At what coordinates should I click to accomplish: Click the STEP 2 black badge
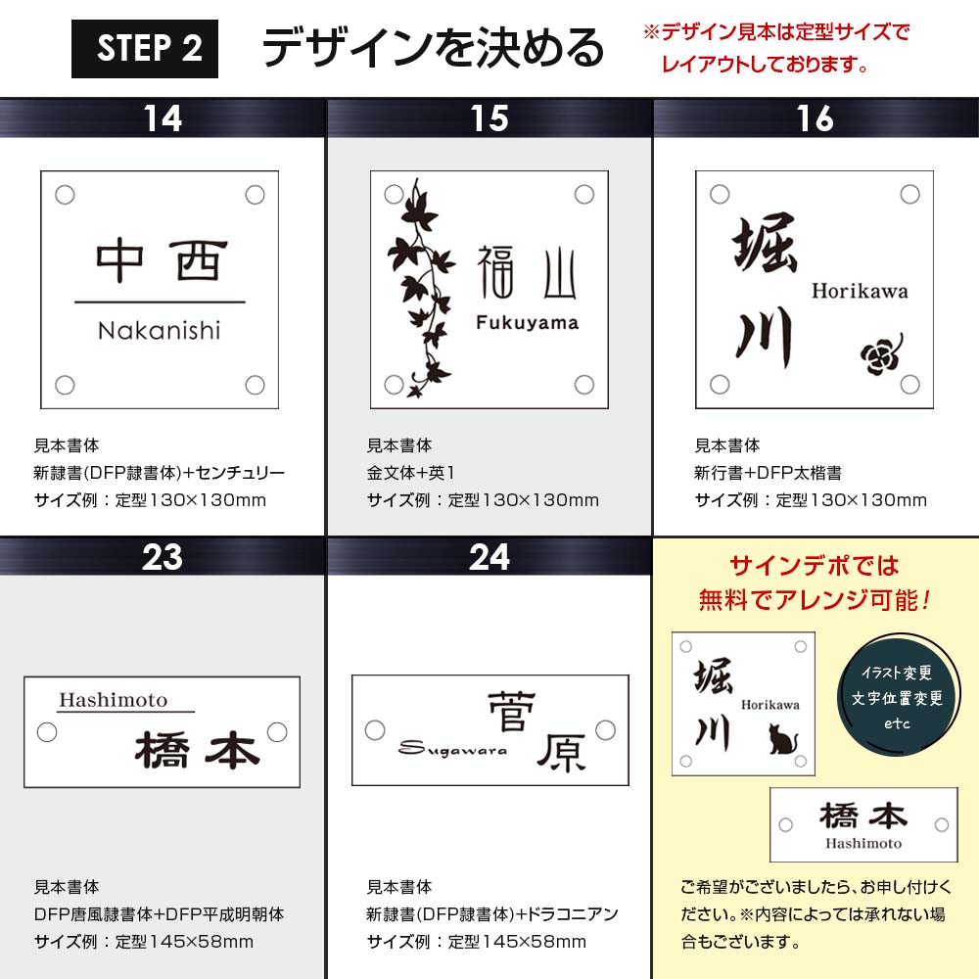coord(145,49)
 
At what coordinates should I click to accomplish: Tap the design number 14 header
coord(163,118)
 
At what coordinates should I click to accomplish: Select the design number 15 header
coord(489,118)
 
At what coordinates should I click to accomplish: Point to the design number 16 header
coord(816,118)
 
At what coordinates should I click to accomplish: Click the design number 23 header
coord(163,557)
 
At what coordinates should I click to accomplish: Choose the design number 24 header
coord(489,557)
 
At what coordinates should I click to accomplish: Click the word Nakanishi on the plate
coord(160,330)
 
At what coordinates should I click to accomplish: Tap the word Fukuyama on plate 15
coord(527,322)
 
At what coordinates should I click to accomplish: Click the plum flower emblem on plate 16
coord(882,354)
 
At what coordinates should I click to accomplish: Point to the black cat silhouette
coord(783,738)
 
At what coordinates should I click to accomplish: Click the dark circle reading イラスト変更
coord(897,697)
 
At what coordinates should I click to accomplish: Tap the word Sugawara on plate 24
coord(452,748)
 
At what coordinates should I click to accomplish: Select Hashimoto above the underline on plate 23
coord(113,700)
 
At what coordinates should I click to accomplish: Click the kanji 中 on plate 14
coord(119,260)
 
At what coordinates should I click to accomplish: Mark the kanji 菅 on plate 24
coord(511,711)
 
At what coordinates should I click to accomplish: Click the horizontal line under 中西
coord(160,303)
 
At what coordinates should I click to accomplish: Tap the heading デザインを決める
coord(433,49)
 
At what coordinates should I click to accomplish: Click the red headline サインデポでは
coord(815,566)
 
